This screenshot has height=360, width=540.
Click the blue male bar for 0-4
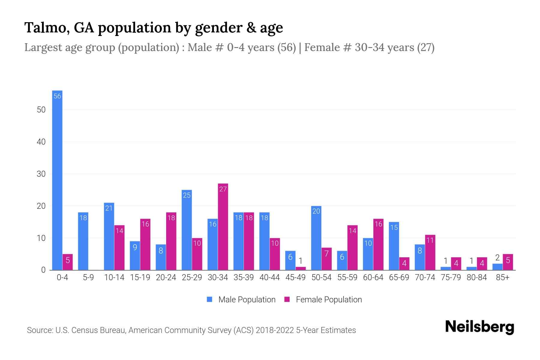click(x=57, y=180)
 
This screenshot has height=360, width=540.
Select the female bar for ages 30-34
click(x=223, y=227)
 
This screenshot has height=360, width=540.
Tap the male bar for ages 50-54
click(x=316, y=238)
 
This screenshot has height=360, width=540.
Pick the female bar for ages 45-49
click(x=301, y=268)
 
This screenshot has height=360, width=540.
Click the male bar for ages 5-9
click(x=83, y=241)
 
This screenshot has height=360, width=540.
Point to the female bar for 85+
click(x=508, y=262)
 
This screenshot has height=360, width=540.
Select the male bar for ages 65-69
click(x=394, y=246)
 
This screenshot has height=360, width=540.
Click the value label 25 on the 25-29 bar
click(x=187, y=195)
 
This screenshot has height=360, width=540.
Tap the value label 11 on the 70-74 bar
click(x=430, y=240)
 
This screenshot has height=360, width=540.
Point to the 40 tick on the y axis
click(x=41, y=142)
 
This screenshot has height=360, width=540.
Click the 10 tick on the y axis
click(x=41, y=238)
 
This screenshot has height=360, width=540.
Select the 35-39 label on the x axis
click(x=244, y=277)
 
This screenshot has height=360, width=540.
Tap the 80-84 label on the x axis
click(x=477, y=277)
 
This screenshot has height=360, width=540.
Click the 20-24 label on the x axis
click(x=166, y=277)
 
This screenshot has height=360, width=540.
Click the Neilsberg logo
click(x=479, y=327)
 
